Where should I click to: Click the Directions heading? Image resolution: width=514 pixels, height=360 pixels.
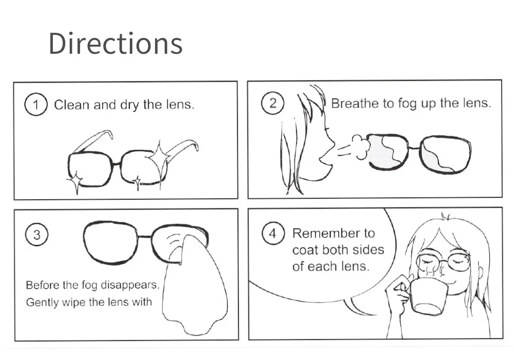(115, 43)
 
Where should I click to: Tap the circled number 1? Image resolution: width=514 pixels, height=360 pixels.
(36, 105)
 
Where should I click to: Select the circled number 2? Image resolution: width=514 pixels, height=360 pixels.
(272, 103)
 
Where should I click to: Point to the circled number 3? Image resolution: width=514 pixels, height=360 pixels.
(37, 234)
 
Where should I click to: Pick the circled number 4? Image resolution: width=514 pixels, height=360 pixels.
(273, 233)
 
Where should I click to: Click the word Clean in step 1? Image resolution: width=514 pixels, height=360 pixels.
(71, 105)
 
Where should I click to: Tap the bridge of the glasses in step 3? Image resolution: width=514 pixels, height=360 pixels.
(144, 236)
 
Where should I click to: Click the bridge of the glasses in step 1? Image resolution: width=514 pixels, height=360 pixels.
(116, 163)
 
